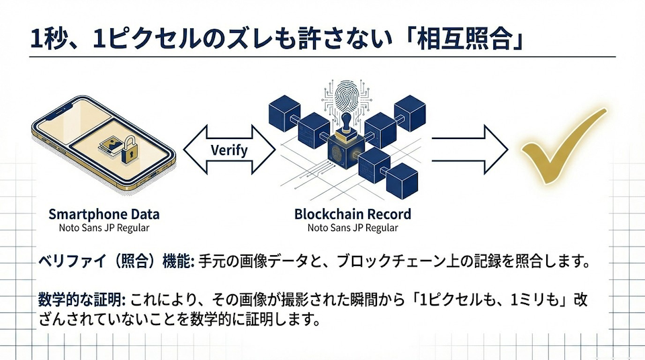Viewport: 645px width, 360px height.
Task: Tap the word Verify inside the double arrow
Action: pos(229,150)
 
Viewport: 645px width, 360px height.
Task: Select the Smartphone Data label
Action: pos(104,215)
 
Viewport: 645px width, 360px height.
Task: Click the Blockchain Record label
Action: pos(353,215)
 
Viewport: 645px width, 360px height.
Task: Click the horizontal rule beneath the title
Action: pos(322,57)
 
